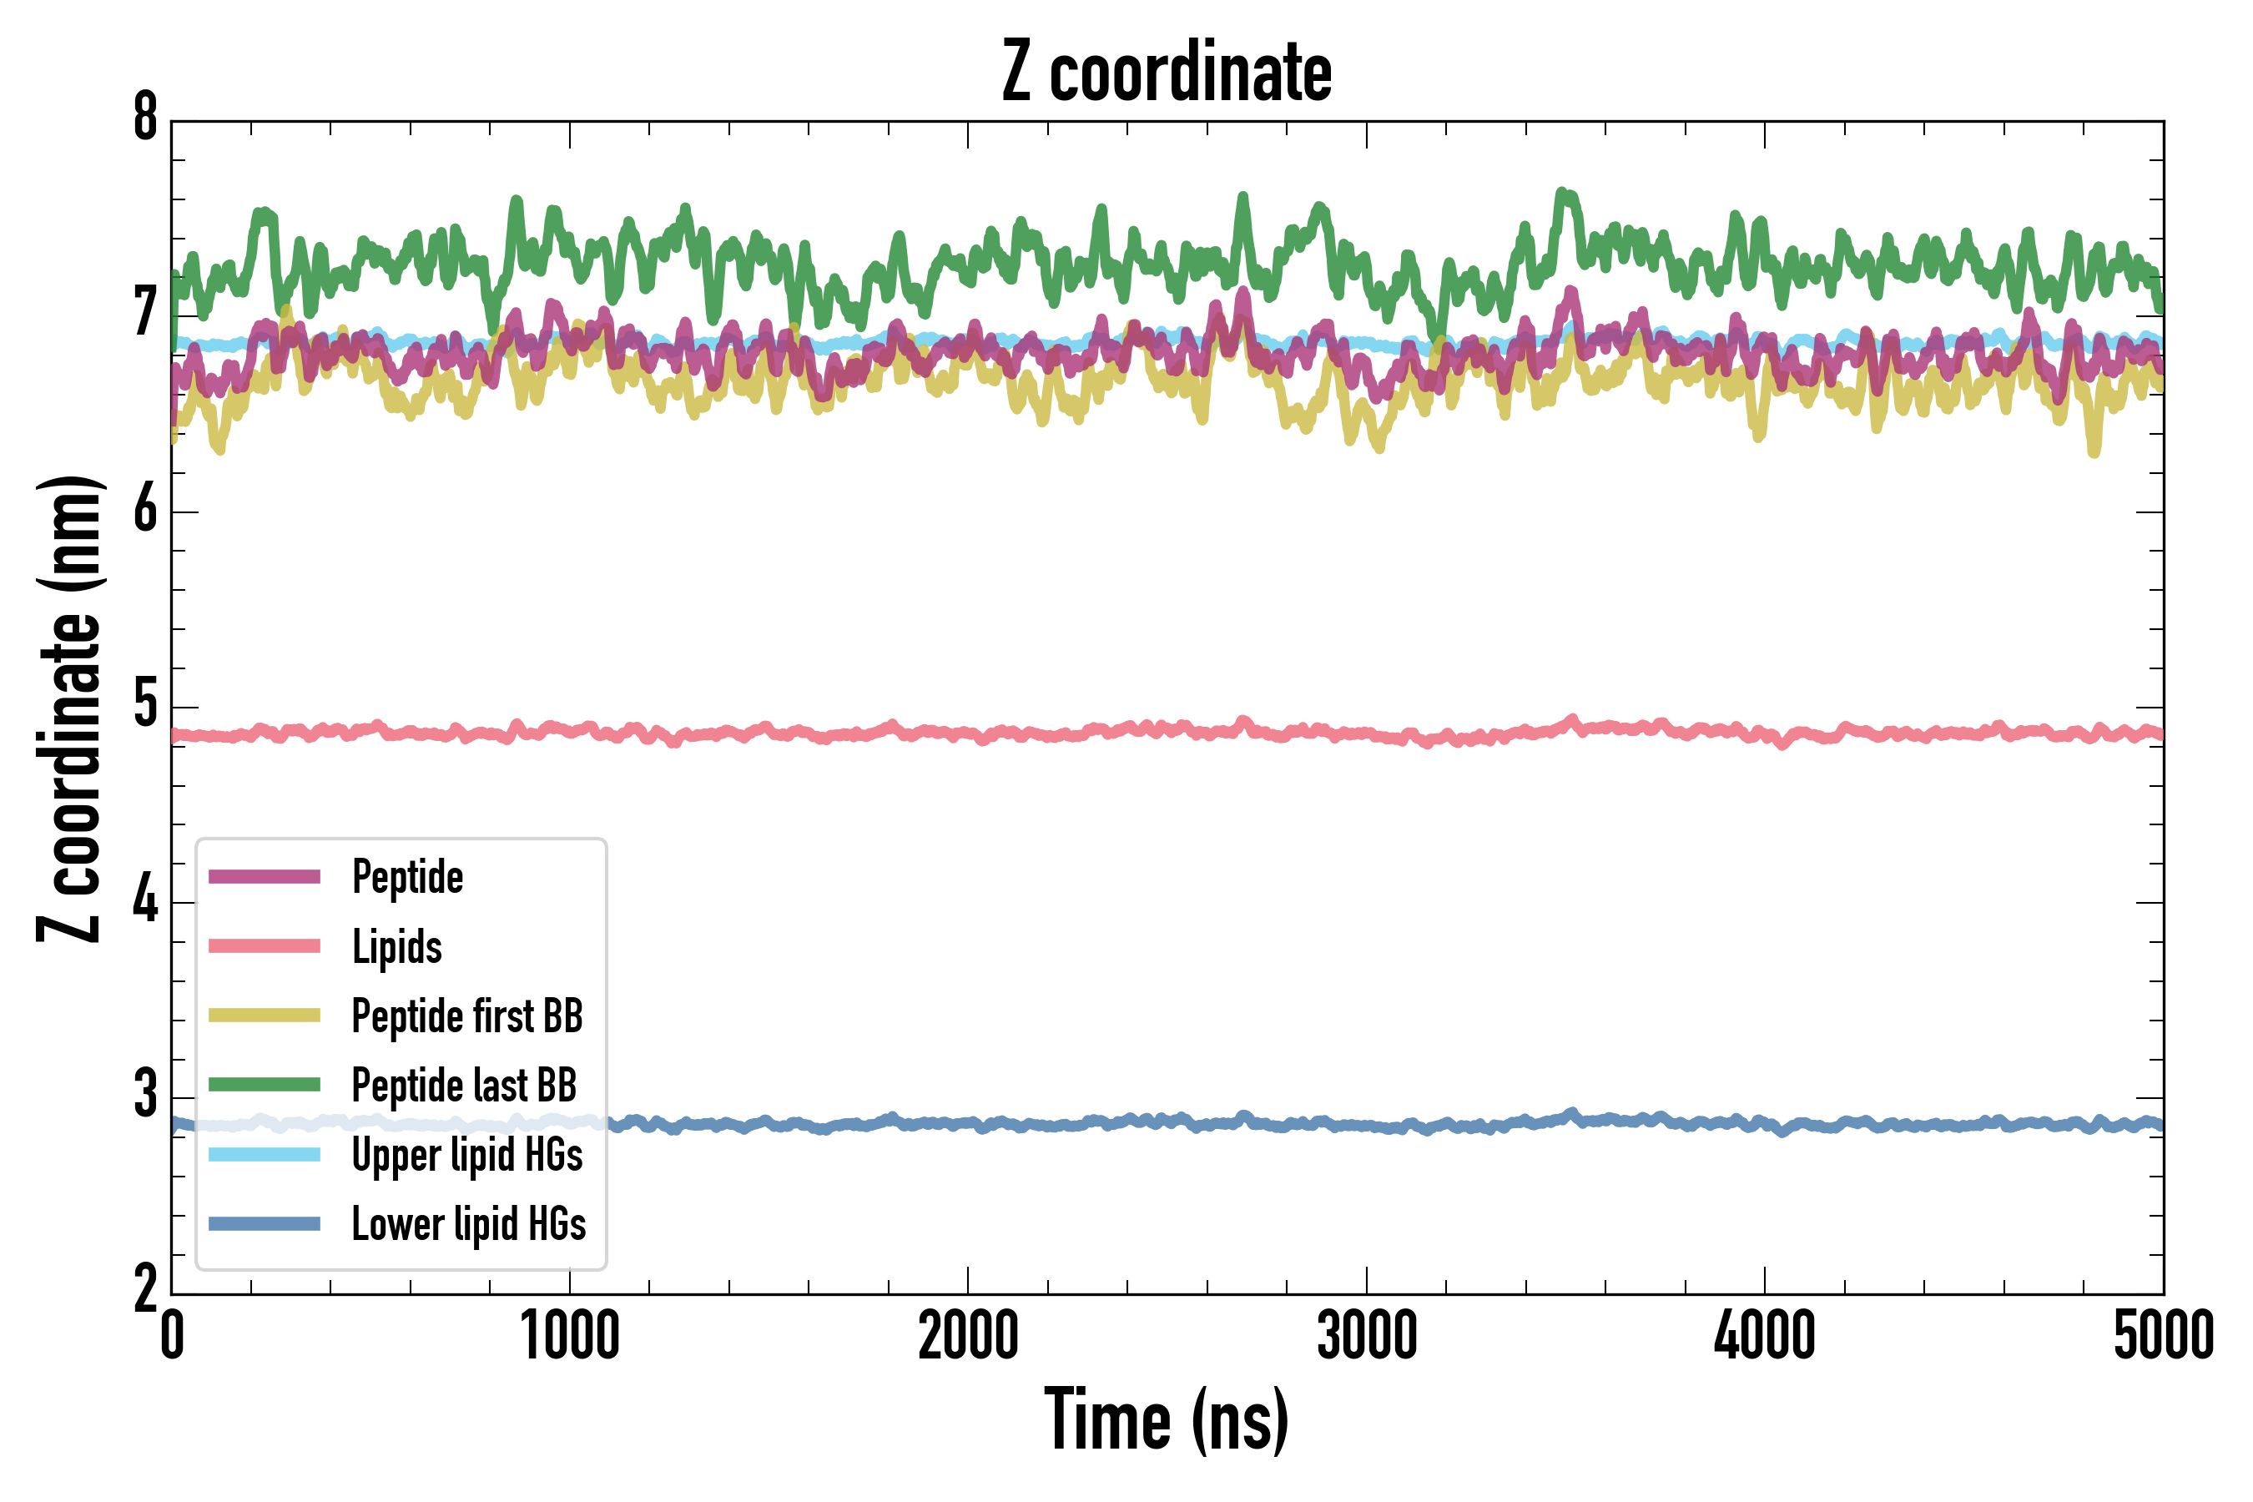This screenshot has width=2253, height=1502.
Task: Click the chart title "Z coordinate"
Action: tap(1166, 72)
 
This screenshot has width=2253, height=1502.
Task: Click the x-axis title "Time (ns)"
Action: tap(1166, 1419)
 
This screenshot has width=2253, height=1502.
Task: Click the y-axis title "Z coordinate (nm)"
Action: tap(69, 708)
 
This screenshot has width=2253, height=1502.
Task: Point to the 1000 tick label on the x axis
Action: tap(570, 1335)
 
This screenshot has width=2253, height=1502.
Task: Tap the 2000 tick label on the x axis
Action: tap(967, 1335)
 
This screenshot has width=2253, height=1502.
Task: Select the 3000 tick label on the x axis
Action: tap(1366, 1335)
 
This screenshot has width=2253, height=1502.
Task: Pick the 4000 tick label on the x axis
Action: tap(1765, 1335)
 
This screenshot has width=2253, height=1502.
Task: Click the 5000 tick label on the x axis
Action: tap(2163, 1335)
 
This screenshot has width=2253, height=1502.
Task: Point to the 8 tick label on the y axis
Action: tap(145, 118)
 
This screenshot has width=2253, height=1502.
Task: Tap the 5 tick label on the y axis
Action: tap(145, 705)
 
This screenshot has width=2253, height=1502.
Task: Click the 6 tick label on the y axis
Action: tap(145, 510)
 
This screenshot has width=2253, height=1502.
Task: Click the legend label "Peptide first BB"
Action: tap(466, 1016)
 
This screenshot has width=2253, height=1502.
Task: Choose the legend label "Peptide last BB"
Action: tap(464, 1086)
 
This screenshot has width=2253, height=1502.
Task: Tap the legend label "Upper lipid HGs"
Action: tap(466, 1154)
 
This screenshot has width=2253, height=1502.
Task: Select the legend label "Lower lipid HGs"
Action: tap(468, 1224)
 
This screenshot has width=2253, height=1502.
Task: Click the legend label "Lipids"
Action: tap(396, 946)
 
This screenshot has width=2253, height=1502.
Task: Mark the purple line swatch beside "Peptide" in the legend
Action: tap(265, 876)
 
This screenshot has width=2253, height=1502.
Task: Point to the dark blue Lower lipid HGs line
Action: tap(1341, 1125)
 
